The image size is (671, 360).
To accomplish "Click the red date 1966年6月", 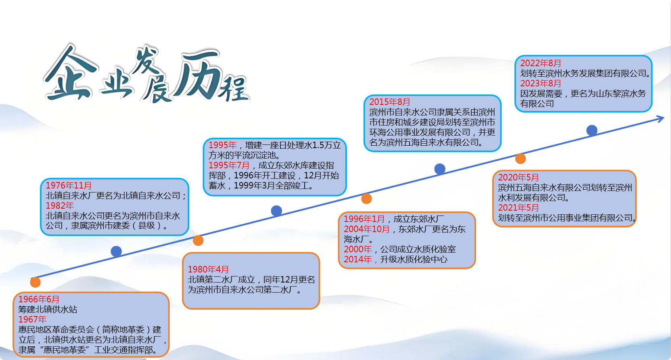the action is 39,299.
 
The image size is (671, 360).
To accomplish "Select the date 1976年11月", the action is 69,185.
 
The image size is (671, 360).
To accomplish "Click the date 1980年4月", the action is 208,269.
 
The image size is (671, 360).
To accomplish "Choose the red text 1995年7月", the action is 229,165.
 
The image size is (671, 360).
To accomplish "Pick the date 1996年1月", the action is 364,219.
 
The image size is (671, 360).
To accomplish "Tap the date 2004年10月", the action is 367,229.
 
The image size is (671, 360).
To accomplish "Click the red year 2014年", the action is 358,259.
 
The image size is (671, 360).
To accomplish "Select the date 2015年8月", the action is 390,102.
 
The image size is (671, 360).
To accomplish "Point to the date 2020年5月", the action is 518,178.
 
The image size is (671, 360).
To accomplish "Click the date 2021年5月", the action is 518,207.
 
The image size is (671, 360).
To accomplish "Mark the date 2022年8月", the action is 541,63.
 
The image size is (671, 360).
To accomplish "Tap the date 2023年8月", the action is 541,83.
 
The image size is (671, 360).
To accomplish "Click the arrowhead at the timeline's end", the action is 661,119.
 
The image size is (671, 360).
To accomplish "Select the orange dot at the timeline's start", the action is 36,282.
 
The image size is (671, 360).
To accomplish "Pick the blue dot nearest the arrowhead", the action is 592,130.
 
